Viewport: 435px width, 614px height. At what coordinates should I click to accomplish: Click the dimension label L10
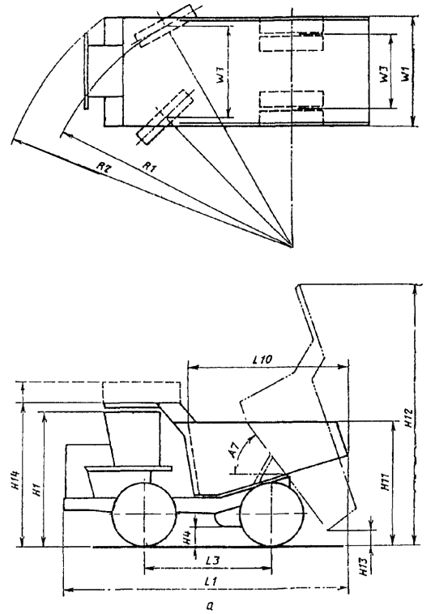[x=262, y=359]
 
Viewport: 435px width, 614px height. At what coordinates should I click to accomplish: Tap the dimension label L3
[x=211, y=561]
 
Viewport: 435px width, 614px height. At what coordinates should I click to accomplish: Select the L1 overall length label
[x=211, y=581]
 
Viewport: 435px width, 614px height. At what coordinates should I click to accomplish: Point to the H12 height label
[x=408, y=418]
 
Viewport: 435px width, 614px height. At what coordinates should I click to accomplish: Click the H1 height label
[x=36, y=489]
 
